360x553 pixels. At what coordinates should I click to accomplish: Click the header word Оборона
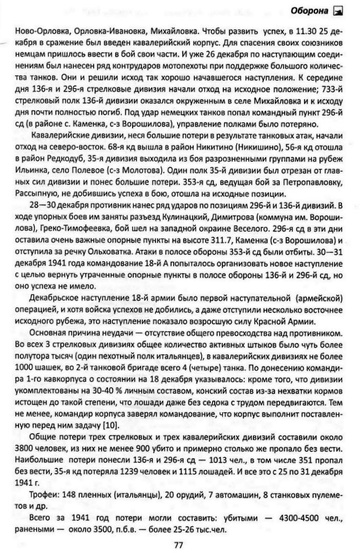point(311,10)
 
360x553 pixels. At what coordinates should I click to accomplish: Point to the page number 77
point(178,545)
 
